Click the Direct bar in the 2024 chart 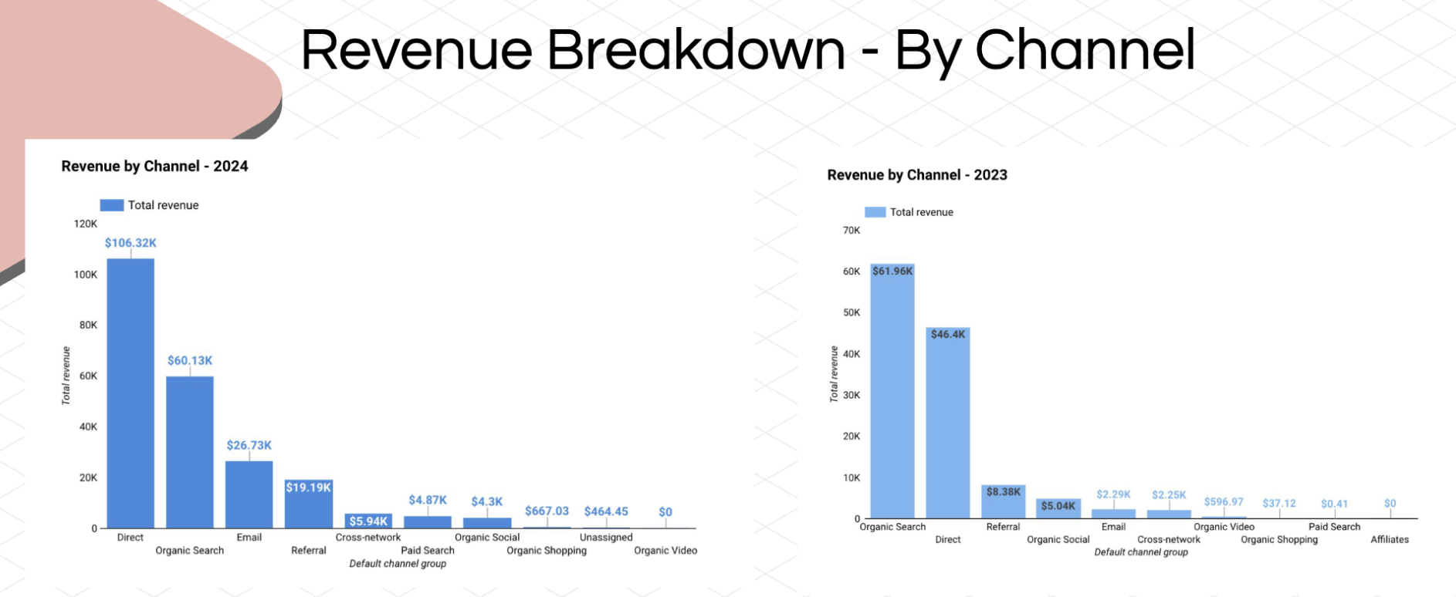(130, 393)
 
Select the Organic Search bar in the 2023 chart (892, 391)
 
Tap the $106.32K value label (130, 243)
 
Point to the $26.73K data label (249, 445)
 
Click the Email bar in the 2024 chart (249, 494)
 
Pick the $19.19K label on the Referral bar (309, 487)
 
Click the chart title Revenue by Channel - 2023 (917, 175)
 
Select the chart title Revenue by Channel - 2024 (154, 166)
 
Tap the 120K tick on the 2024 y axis (86, 224)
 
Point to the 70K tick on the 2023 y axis (852, 230)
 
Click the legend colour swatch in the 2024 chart (112, 205)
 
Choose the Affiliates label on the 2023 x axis (1390, 540)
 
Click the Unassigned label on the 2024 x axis (606, 538)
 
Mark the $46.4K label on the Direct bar (948, 335)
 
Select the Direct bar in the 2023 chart (948, 423)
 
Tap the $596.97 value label (1224, 502)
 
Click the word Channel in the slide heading (1085, 51)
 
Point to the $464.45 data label (606, 511)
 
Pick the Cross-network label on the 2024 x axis (368, 538)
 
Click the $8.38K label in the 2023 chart (1004, 492)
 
